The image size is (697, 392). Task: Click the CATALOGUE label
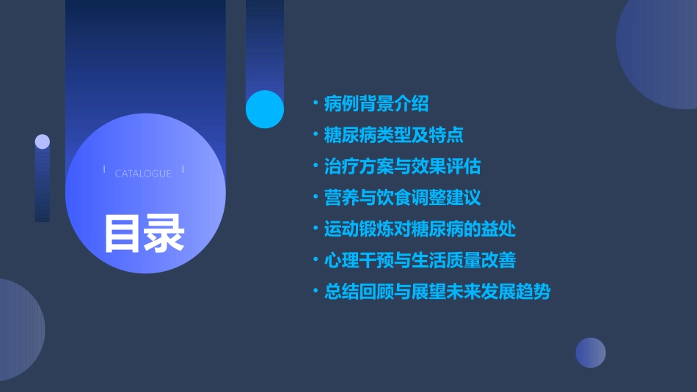coord(143,174)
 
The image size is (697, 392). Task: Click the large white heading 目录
coord(144,234)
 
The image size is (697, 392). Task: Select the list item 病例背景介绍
coord(376,104)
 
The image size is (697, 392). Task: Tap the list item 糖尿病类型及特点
coord(393,136)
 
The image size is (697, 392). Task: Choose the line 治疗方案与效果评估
coord(402,166)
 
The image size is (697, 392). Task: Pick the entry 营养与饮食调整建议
coord(402,198)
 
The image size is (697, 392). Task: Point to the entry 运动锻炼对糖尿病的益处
coord(420,229)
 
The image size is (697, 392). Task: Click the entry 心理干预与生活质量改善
coord(420,260)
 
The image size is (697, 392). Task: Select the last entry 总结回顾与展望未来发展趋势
coord(437,292)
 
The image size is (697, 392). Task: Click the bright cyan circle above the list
coord(265,109)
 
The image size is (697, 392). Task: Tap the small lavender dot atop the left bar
coord(43,141)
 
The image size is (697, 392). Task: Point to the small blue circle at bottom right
coord(591,352)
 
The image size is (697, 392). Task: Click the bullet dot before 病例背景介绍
coord(315,104)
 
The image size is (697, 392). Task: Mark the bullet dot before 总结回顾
coord(315,292)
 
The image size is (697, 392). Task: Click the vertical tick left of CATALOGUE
coord(104,170)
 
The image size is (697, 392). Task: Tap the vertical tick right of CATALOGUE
coord(182,170)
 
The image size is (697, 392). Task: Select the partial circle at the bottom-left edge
coord(18,330)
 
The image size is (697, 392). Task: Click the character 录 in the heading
coord(164,234)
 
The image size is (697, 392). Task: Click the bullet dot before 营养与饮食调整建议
coord(315,198)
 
